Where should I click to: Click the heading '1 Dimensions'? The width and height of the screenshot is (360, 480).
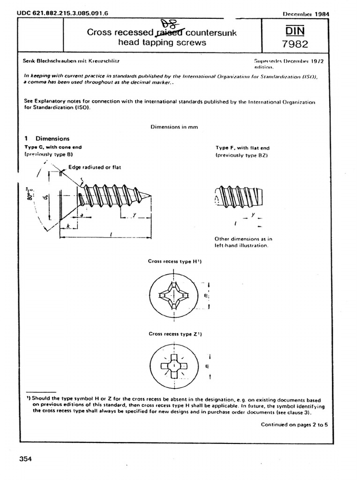coord(46,139)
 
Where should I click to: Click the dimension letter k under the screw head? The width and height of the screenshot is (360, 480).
coord(68,226)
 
